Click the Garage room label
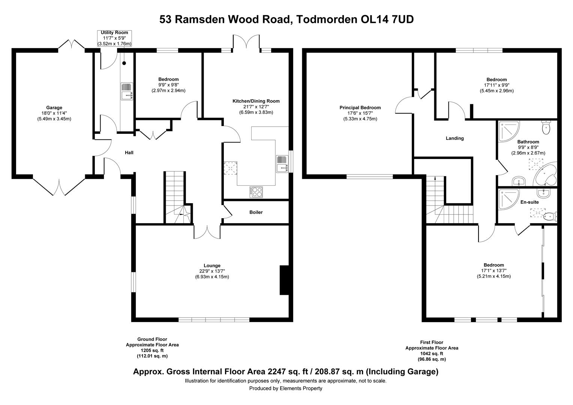(54, 108)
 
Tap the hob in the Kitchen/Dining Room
(256, 192)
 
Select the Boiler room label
(256, 212)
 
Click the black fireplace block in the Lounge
(284, 280)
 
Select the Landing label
(454, 138)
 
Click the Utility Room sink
(127, 91)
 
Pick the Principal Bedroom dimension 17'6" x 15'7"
(360, 113)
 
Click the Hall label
(129, 153)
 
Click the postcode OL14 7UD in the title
(387, 19)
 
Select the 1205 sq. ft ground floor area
(152, 350)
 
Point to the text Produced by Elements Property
(285, 388)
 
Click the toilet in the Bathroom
(546, 127)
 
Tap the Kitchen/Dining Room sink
(282, 164)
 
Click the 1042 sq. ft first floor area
(432, 354)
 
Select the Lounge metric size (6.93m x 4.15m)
(212, 277)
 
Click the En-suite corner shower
(508, 199)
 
